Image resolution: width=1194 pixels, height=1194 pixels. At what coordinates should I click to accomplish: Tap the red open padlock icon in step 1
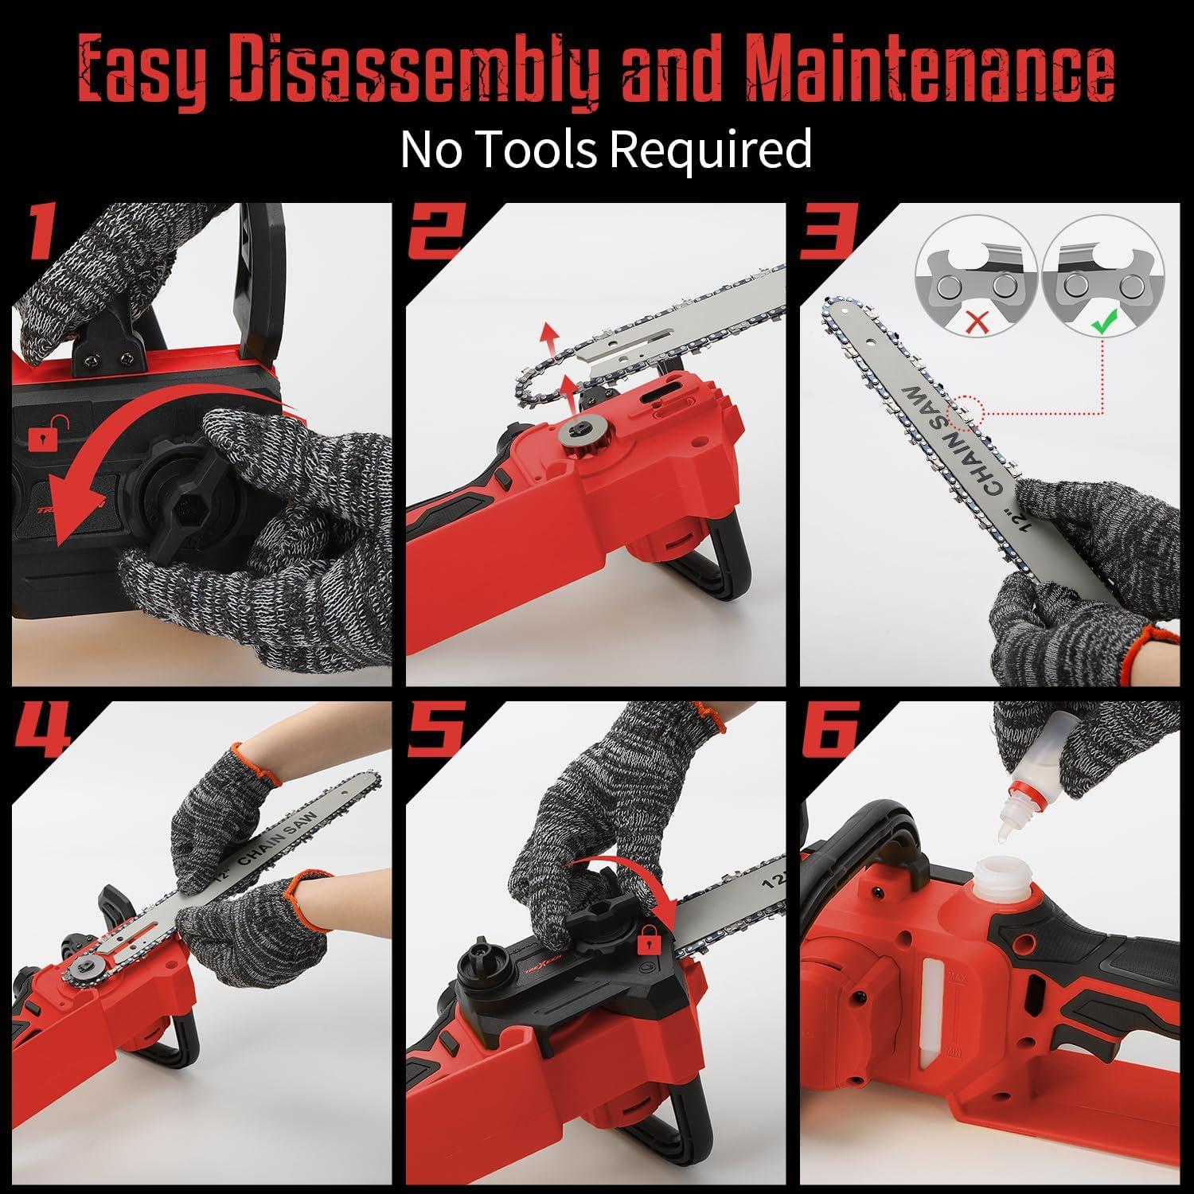[39, 435]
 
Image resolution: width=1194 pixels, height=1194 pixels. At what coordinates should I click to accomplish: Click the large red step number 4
[45, 731]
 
